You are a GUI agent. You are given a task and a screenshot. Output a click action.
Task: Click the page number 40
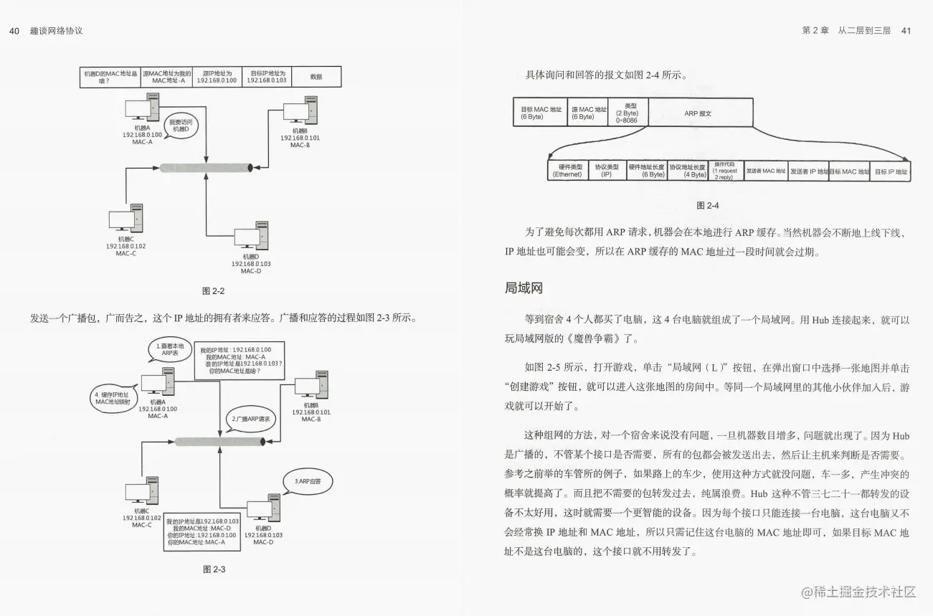(14, 31)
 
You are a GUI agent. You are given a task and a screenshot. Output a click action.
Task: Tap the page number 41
(905, 31)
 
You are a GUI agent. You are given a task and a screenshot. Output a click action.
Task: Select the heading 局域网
(524, 288)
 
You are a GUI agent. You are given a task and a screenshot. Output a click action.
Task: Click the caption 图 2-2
(214, 290)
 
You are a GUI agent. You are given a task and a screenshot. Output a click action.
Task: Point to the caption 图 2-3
(214, 569)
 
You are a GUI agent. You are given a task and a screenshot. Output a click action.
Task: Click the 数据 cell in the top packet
(316, 77)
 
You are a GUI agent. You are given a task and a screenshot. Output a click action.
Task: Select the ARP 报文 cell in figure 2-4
(701, 113)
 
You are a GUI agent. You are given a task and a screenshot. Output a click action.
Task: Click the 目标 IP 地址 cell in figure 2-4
(891, 171)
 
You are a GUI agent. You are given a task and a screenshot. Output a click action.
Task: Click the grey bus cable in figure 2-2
(205, 168)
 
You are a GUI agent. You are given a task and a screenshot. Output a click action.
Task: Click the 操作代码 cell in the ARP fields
(726, 171)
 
